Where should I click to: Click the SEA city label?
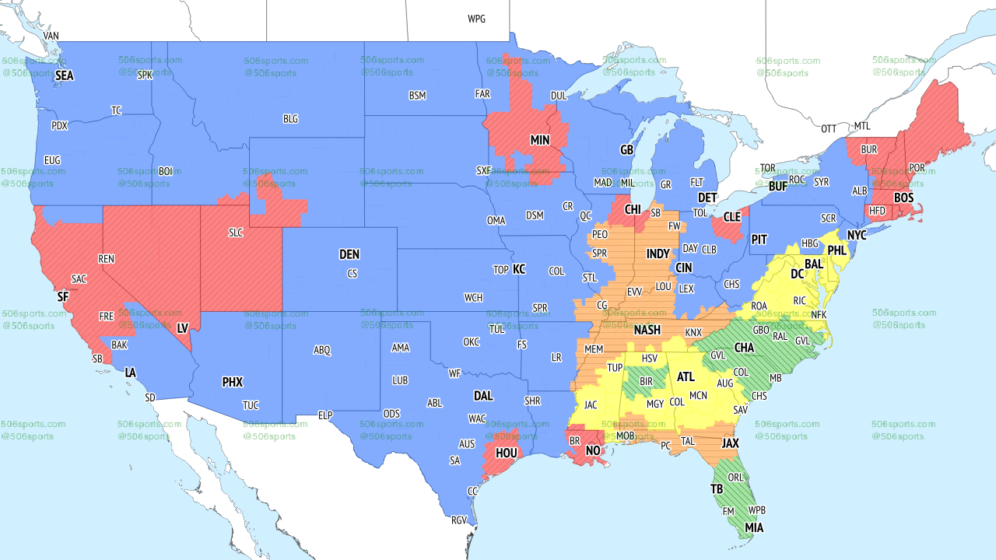[65, 75]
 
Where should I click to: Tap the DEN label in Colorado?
[349, 254]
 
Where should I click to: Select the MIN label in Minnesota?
[540, 141]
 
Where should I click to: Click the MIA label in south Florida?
[753, 528]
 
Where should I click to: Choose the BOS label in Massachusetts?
[903, 198]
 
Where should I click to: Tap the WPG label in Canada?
[476, 19]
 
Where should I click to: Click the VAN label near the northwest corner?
[51, 36]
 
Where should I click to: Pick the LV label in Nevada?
[183, 329]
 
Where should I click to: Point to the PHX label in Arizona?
[233, 382]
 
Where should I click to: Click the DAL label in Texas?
[483, 396]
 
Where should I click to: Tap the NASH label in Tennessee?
[647, 330]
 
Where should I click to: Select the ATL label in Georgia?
[686, 377]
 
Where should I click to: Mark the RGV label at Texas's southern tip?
[459, 520]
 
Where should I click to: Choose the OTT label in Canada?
[829, 128]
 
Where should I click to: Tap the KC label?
[519, 269]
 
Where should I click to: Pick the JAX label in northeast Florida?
[730, 443]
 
